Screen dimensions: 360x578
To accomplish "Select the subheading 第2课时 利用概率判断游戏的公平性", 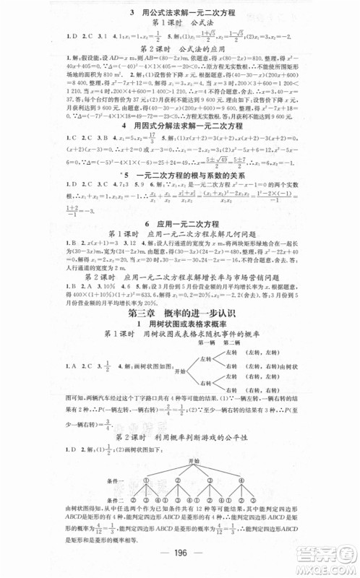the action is (x=181, y=441).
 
